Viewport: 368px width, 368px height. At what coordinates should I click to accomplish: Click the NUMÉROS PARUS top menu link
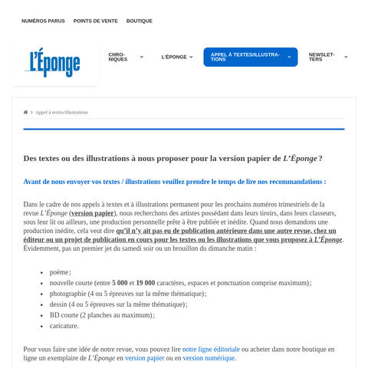(x=43, y=21)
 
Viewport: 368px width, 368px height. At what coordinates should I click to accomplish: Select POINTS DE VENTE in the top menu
(x=96, y=21)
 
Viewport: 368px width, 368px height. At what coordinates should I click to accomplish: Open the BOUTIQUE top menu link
(x=140, y=21)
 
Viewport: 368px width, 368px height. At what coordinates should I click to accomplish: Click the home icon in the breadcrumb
(x=25, y=112)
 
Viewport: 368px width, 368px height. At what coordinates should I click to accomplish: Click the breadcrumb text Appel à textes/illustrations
(x=61, y=112)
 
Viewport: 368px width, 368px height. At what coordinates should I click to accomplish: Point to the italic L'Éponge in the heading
(x=300, y=158)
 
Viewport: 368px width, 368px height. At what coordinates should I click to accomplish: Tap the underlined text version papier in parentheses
(x=92, y=213)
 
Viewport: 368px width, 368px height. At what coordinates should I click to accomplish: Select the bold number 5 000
(x=120, y=283)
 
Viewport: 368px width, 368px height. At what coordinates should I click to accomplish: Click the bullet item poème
(x=59, y=272)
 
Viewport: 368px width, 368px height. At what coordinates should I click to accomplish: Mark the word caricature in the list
(x=64, y=326)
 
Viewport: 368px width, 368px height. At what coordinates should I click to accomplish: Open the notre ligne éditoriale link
(x=211, y=349)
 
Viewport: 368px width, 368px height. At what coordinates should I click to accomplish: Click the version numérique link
(x=209, y=358)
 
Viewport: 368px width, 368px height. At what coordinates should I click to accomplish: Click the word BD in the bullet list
(x=55, y=315)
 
